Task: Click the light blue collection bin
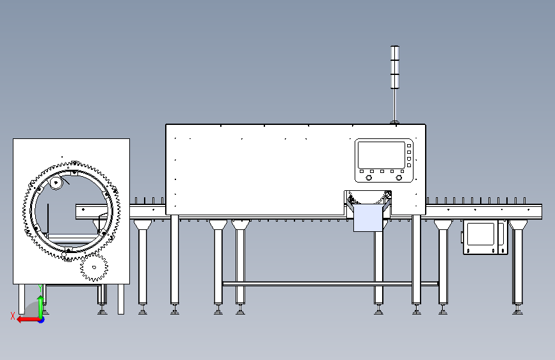(367, 218)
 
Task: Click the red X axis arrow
(26, 319)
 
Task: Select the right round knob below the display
(399, 178)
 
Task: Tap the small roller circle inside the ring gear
(56, 184)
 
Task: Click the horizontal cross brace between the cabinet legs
(330, 283)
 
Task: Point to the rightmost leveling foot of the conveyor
(517, 312)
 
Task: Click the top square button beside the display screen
(409, 146)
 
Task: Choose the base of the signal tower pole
(395, 121)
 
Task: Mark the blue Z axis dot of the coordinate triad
(41, 320)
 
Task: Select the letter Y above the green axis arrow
(42, 288)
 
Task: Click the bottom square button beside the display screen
(409, 165)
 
